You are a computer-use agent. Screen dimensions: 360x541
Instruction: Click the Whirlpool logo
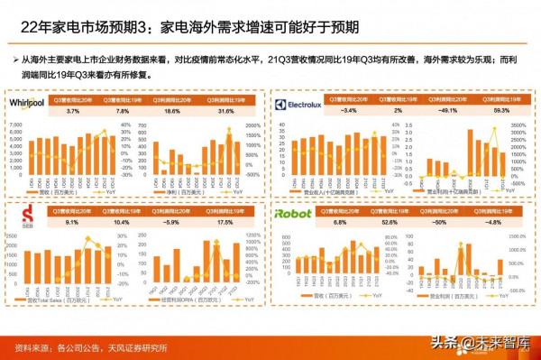click(x=26, y=105)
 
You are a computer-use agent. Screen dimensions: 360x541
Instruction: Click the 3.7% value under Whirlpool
click(x=75, y=110)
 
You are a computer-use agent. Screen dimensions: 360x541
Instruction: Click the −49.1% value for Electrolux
click(x=444, y=110)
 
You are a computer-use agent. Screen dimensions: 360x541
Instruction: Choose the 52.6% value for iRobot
click(x=390, y=222)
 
